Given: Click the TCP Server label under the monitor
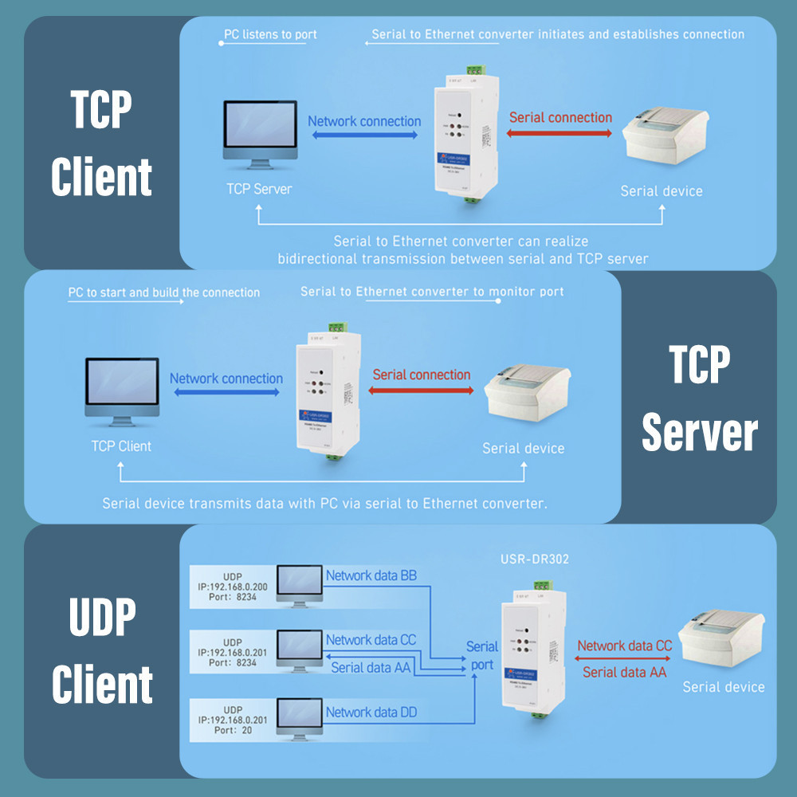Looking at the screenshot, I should [259, 189].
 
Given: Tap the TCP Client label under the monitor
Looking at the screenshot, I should [121, 446].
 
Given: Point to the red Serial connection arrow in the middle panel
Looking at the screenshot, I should [422, 391].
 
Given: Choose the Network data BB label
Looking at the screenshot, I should [371, 575].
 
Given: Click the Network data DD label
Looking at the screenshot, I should [371, 713].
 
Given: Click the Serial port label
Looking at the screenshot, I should [481, 655].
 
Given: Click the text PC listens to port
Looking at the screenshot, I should [271, 35].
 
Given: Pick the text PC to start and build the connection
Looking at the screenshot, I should [163, 292].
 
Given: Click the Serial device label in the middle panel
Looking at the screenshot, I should [523, 449].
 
